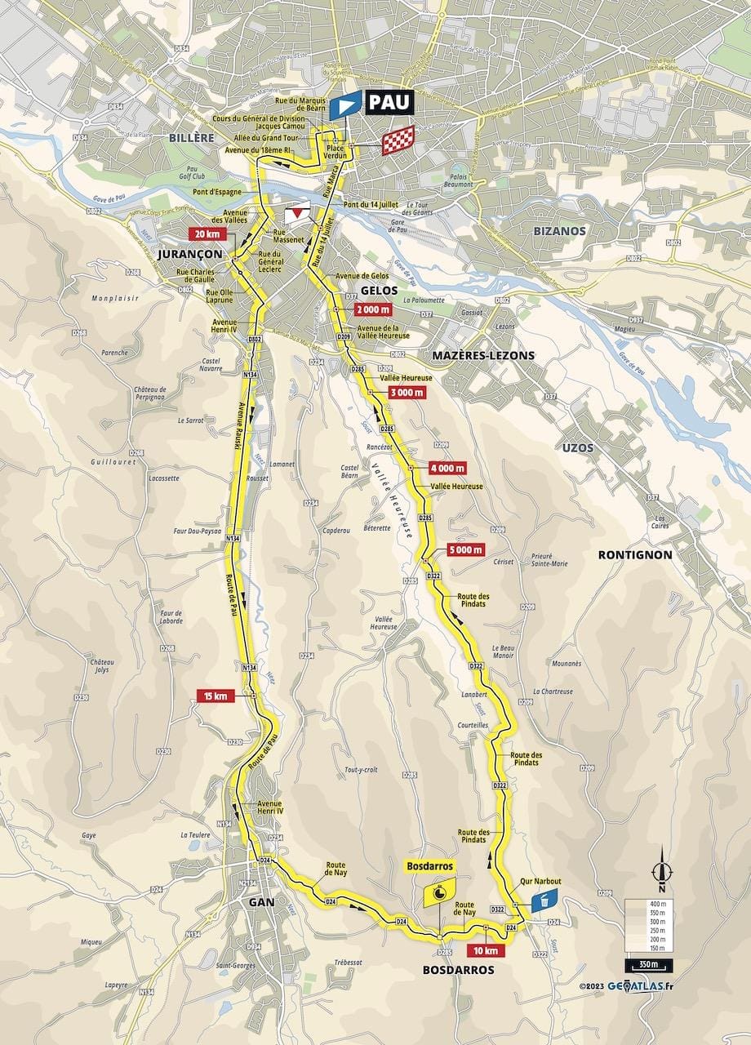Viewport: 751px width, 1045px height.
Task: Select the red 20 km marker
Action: tap(207, 233)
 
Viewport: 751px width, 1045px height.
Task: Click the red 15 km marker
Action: tap(215, 696)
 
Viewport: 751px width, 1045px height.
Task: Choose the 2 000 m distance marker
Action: tap(373, 309)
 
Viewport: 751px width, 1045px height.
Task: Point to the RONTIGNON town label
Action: tap(634, 554)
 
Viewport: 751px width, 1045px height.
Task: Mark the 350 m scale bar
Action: tap(650, 966)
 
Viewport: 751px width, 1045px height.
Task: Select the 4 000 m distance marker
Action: tap(447, 468)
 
